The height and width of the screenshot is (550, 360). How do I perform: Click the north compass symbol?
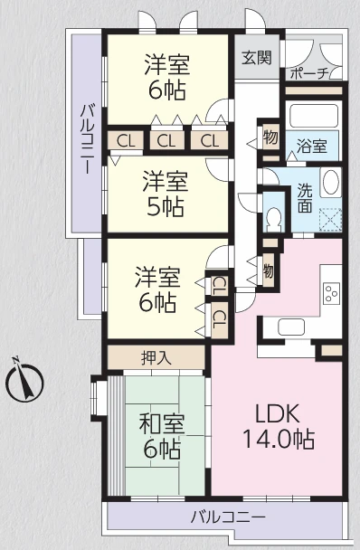point(24,381)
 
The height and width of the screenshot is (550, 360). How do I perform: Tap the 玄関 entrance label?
point(256,57)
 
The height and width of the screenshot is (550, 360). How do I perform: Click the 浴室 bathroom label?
point(313,145)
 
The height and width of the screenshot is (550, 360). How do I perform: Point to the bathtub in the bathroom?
point(313,115)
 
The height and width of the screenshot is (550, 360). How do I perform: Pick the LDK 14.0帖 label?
point(277,427)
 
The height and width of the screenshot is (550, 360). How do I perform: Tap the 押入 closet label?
point(157,357)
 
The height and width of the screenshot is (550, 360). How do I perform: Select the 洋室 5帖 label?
point(163,194)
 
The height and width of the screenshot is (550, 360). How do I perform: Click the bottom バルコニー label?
point(227,518)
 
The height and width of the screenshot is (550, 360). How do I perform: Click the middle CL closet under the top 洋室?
point(166,140)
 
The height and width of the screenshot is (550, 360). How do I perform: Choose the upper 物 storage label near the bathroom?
point(270,138)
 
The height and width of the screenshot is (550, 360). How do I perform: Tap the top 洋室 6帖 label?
point(168,78)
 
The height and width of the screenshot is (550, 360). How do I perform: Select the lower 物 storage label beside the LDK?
point(269,270)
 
